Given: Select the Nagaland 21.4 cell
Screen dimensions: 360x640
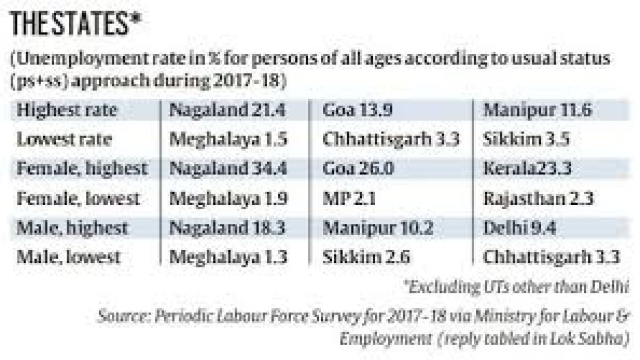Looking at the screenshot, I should coord(228,110).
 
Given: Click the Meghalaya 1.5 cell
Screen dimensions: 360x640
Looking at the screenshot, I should coord(229,140).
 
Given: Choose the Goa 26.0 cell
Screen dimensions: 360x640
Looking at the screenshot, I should coord(358,169).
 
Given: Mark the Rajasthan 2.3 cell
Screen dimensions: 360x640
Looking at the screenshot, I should coord(538,199).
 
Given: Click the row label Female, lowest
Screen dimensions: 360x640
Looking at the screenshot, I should coord(78,199).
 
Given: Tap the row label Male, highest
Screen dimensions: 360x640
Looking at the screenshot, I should coord(73,228).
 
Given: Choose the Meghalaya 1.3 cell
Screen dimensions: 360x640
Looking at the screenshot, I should coord(229,258).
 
